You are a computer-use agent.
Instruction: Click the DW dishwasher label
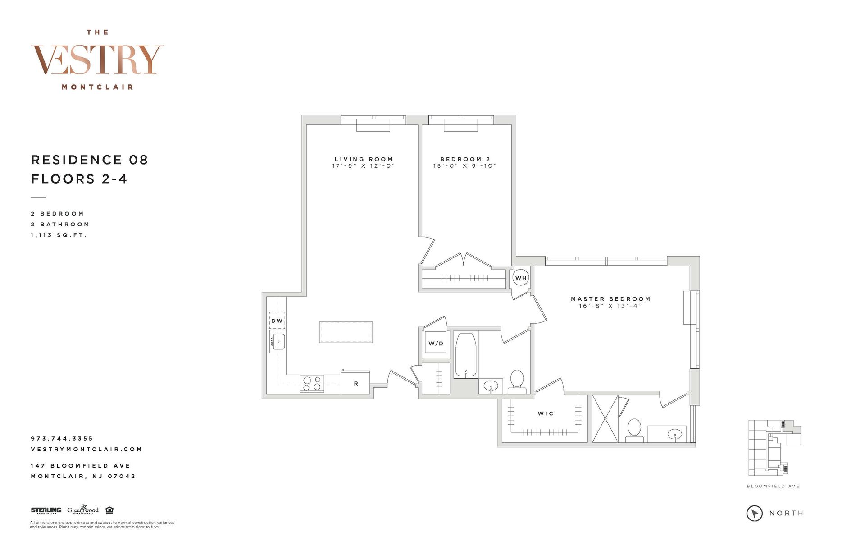277,321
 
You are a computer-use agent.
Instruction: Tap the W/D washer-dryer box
436,344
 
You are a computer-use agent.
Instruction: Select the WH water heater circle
521,278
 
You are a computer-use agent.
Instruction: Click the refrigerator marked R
355,383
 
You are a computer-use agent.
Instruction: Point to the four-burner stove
312,384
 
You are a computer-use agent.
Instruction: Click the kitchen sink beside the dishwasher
278,342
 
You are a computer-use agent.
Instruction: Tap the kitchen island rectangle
346,332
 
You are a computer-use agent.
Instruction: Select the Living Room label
364,159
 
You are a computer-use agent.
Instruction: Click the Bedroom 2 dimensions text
464,166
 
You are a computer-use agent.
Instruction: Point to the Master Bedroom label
610,299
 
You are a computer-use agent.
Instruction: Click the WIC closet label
545,413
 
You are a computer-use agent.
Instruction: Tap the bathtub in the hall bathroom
466,355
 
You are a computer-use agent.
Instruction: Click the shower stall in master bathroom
605,418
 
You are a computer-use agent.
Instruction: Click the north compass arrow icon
755,513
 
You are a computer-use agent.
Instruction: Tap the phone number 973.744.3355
62,438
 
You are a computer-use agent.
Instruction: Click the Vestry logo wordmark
97,60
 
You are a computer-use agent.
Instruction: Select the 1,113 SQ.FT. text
59,235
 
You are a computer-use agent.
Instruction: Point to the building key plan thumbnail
774,448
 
